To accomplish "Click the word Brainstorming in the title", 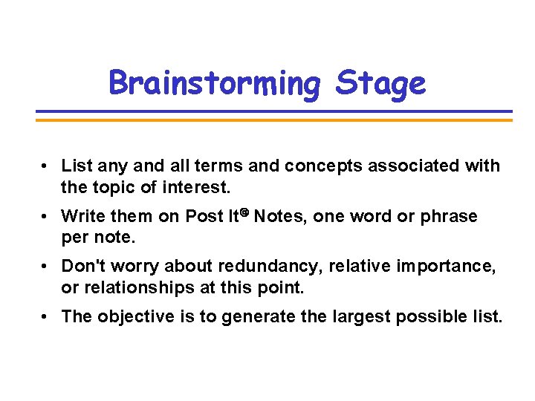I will [x=214, y=83].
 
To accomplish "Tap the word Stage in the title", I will [x=380, y=83].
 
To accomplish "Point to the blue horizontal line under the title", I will [x=274, y=112].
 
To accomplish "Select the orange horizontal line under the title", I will [x=274, y=119].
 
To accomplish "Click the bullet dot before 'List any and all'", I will [x=46, y=166].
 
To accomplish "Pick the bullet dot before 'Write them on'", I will [x=46, y=216].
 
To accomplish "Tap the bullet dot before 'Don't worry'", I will [x=46, y=267].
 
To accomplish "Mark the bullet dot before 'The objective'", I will [x=46, y=317].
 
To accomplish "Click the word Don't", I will [x=83, y=267].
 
